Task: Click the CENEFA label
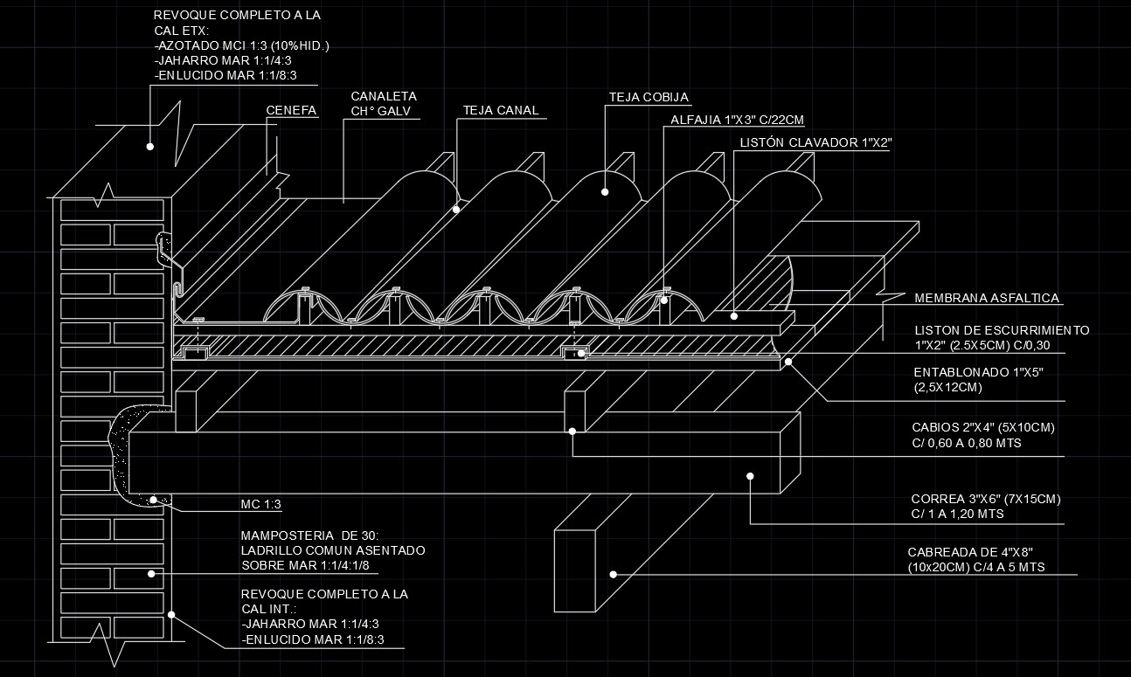pyautogui.click(x=291, y=111)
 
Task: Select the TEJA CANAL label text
pyautogui.click(x=501, y=111)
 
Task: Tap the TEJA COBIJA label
pyautogui.click(x=649, y=97)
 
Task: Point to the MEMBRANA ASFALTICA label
pyautogui.click(x=987, y=299)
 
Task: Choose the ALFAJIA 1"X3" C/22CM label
pyautogui.click(x=737, y=120)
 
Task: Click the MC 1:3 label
pyautogui.click(x=260, y=505)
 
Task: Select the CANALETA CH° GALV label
pyautogui.click(x=384, y=104)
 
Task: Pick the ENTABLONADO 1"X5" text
pyautogui.click(x=978, y=373)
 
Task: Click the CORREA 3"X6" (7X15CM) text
pyautogui.click(x=985, y=500)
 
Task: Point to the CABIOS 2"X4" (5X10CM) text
pyautogui.click(x=983, y=428)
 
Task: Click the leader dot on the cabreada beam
pyautogui.click(x=614, y=574)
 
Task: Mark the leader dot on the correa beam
pyautogui.click(x=750, y=475)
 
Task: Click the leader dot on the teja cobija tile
pyautogui.click(x=604, y=191)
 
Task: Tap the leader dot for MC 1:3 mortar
pyautogui.click(x=153, y=500)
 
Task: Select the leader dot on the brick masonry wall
pyautogui.click(x=151, y=573)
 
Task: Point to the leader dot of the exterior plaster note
pyautogui.click(x=149, y=147)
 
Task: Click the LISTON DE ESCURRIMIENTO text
pyautogui.click(x=1002, y=330)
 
